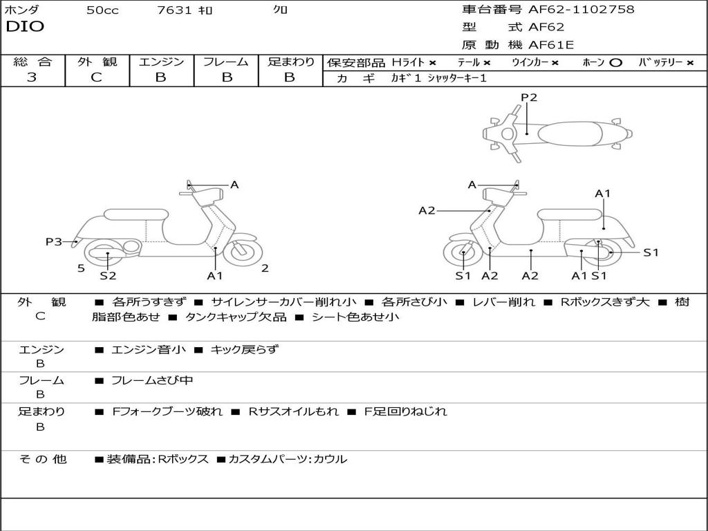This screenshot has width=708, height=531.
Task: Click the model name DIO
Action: pyautogui.click(x=25, y=27)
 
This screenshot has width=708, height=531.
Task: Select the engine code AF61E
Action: pyautogui.click(x=551, y=45)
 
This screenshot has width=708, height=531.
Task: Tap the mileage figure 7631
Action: pyautogui.click(x=175, y=10)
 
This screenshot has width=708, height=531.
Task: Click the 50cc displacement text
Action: pyautogui.click(x=102, y=10)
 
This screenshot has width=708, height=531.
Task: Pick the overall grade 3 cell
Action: pyautogui.click(x=32, y=77)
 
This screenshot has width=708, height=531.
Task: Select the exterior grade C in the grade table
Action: pyautogui.click(x=96, y=77)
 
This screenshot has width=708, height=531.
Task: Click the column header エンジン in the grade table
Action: pyautogui.click(x=161, y=62)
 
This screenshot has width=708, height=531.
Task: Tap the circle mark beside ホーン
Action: pyautogui.click(x=616, y=62)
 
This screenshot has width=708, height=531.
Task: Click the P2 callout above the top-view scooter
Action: pyautogui.click(x=529, y=97)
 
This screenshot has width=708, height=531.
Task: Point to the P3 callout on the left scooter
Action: pyautogui.click(x=54, y=241)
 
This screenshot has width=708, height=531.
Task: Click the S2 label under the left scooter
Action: pyautogui.click(x=108, y=275)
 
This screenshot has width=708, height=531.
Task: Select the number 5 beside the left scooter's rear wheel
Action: pyautogui.click(x=81, y=268)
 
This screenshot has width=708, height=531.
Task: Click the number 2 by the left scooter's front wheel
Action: pyautogui.click(x=265, y=268)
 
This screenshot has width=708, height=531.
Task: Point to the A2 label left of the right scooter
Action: pyautogui.click(x=427, y=210)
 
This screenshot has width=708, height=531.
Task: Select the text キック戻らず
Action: pyautogui.click(x=244, y=349)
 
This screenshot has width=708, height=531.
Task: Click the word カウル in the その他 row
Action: pyautogui.click(x=330, y=459)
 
